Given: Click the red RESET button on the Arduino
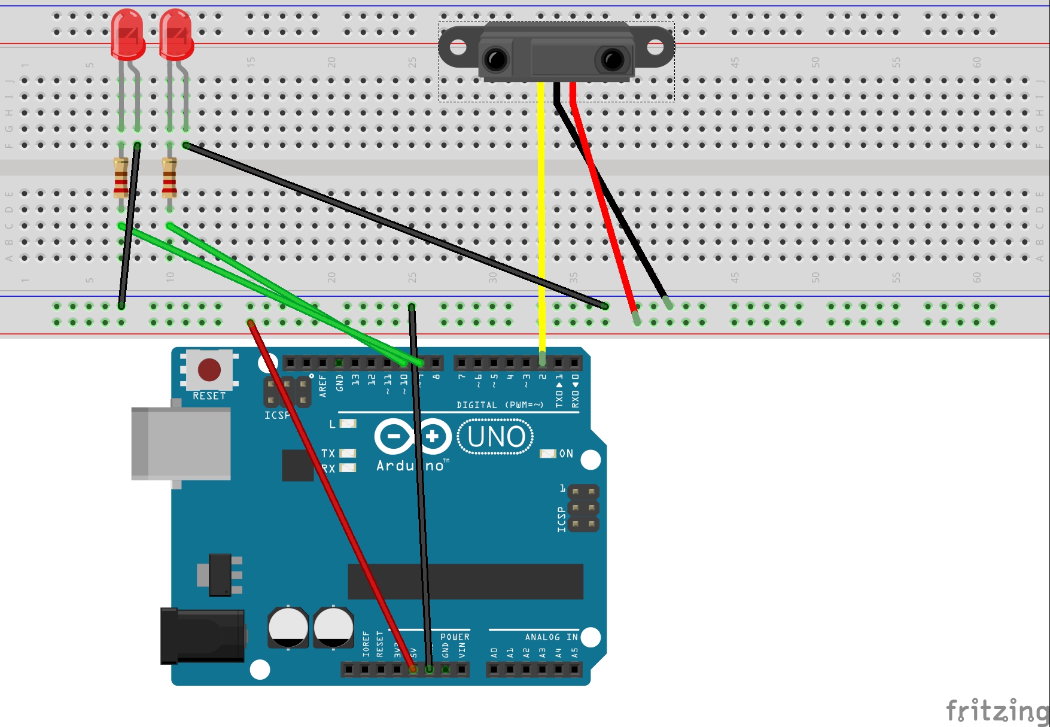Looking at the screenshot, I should (x=209, y=370).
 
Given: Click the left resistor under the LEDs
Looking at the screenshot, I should (x=121, y=178).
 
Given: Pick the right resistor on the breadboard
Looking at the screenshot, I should (x=169, y=178).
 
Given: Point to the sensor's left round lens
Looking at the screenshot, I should (x=497, y=59).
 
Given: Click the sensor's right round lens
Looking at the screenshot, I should (x=612, y=59).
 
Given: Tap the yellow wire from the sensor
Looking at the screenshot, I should (x=541, y=209).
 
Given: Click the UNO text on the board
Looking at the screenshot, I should (x=496, y=437).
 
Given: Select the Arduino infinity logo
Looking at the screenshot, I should (x=413, y=436).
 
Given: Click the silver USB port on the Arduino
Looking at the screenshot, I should (x=181, y=443).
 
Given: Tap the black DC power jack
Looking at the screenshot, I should (x=202, y=636).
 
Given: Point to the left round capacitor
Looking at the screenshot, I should (x=288, y=627).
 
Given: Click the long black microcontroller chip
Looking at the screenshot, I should (x=465, y=581).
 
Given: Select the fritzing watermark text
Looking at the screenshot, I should (x=996, y=711).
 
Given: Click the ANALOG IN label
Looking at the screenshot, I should (x=551, y=637).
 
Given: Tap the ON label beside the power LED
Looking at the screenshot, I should (x=566, y=454).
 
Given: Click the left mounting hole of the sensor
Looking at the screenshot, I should (x=458, y=46).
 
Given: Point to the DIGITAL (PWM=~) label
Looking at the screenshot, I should (x=500, y=405).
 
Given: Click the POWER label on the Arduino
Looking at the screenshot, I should (x=455, y=637).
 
